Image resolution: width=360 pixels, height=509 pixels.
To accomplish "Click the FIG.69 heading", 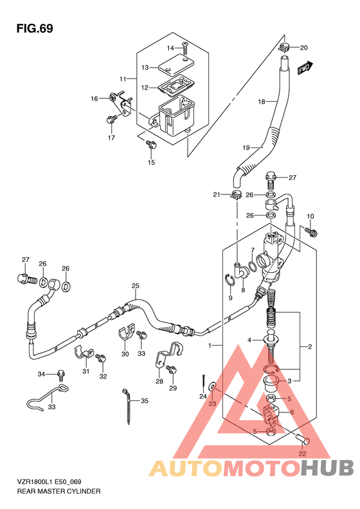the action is pos(35,28).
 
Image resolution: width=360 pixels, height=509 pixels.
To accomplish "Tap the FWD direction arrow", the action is pos(305,68).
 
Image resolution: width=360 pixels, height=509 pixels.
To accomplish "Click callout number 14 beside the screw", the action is pos(170,48).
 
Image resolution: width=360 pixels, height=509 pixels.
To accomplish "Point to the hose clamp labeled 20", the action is pos(283,48).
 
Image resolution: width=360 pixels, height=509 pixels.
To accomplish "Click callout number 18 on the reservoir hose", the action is pos(262,102).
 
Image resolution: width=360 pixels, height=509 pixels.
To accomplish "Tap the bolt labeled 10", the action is pos(311,232).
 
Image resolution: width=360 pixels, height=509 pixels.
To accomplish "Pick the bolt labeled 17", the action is pos(111,120).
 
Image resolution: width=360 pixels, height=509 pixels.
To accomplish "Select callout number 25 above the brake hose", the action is pos(136,286).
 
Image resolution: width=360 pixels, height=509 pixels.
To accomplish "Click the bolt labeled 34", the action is pos(60,375).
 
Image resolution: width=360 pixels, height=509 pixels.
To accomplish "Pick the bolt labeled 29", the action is pos(171,370).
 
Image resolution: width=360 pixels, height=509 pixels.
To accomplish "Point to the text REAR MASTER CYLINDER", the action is pos(59,491).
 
